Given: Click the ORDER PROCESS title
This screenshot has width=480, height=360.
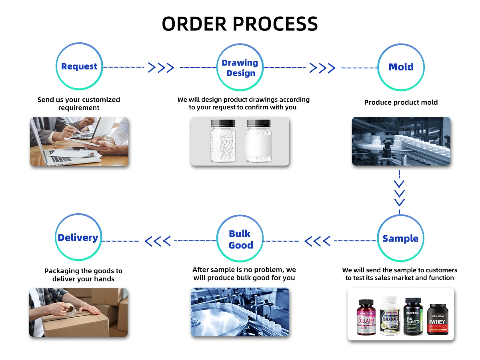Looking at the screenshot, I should pos(240,24).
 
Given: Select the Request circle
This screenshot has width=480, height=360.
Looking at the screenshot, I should pos(79,66).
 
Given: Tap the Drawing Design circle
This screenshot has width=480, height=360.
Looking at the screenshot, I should pos(241,68).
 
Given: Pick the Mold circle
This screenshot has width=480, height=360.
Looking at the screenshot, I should pos(401,67).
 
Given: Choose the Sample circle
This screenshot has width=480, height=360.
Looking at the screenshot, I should pos(400,238).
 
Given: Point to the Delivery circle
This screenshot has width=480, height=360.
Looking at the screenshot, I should pos(78,238).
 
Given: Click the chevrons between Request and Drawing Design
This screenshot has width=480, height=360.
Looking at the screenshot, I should pos(161,68).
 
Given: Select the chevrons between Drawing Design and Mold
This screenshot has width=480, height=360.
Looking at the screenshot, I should pos(322,68).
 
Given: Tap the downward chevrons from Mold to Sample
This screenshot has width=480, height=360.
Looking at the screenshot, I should pos(400,193).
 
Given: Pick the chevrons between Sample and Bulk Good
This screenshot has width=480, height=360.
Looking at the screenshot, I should pos(318,241).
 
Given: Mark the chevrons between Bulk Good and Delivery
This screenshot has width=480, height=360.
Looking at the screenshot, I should pos(158,241).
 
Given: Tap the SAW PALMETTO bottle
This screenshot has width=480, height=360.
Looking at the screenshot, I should pos(413,316).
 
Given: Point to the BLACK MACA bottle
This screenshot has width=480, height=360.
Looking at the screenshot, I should pos(390,316).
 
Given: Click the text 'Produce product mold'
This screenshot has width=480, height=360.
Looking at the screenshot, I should pos(401,102).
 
